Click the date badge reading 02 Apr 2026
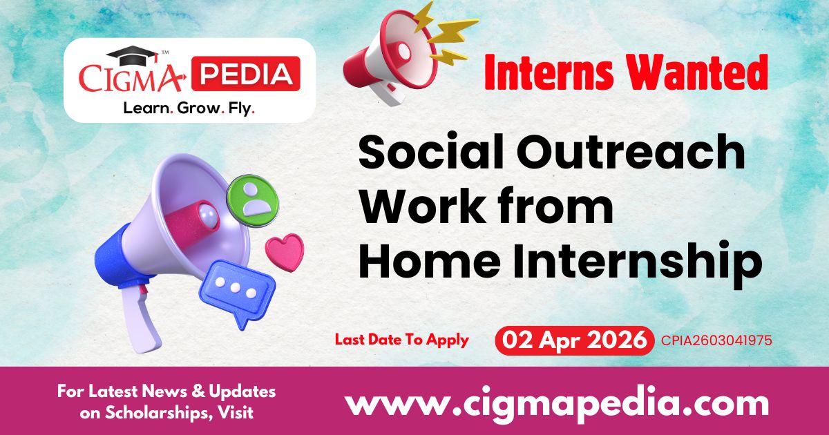coord(575,340)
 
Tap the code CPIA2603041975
coord(716,340)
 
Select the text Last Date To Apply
coord(401,340)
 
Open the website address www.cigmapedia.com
coord(557,403)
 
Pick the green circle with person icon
coord(252,197)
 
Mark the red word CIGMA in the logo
coord(131,77)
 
